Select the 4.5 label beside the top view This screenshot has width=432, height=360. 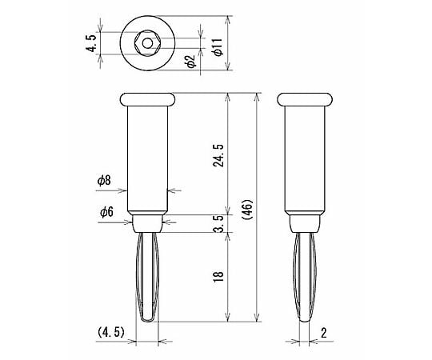click(91, 42)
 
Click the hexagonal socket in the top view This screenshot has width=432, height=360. click(148, 42)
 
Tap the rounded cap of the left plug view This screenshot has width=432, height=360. click(148, 99)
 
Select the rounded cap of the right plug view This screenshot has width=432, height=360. click(304, 99)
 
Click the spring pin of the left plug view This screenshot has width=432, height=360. click(148, 276)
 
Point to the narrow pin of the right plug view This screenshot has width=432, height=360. click(304, 276)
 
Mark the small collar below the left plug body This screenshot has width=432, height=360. click(148, 222)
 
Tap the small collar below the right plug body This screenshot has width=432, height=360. click(304, 222)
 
